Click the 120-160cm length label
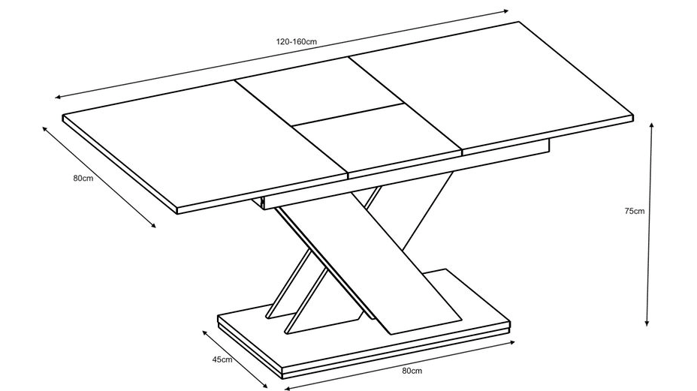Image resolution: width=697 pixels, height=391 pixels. pyautogui.click(x=297, y=42)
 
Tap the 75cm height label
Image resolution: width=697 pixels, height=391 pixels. pyautogui.click(x=635, y=211)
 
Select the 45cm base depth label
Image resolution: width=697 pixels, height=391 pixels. pyautogui.click(x=222, y=359)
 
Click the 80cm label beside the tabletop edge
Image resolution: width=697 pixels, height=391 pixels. pyautogui.click(x=83, y=178)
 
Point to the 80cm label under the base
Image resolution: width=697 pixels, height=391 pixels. pyautogui.click(x=412, y=371)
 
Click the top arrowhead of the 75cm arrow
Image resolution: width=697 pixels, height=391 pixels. pyautogui.click(x=652, y=125)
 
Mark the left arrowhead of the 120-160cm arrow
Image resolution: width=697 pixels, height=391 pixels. pyautogui.click(x=58, y=97)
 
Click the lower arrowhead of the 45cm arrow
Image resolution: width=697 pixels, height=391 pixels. pyautogui.click(x=266, y=386)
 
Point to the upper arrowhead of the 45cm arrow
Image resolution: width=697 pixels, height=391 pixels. pyautogui.click(x=205, y=333)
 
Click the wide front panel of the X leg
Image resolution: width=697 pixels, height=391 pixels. pyautogui.click(x=370, y=262)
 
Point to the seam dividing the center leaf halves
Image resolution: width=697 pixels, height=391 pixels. pyautogui.click(x=348, y=115)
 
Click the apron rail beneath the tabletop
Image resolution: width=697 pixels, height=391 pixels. pyautogui.click(x=406, y=173)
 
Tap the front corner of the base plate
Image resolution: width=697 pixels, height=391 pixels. pyautogui.click(x=283, y=368)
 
